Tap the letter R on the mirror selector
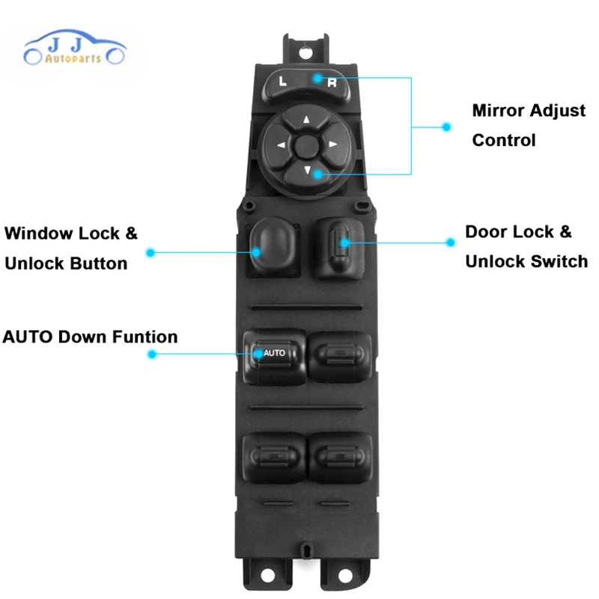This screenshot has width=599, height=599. click(332, 82)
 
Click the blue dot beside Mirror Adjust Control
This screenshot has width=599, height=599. click(447, 127)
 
